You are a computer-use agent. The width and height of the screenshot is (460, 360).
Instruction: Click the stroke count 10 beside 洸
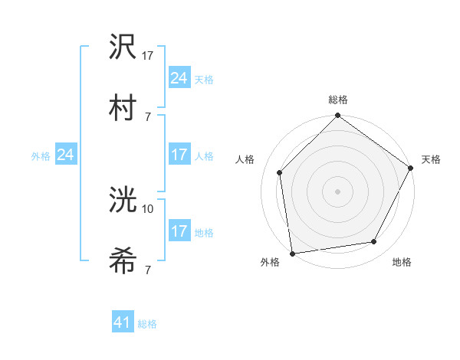coord(148,208)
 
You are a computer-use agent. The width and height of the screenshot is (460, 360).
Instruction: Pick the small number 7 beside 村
coord(147,116)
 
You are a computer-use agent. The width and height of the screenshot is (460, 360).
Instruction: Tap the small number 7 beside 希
coord(147,270)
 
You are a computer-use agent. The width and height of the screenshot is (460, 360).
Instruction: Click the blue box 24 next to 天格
coord(179,78)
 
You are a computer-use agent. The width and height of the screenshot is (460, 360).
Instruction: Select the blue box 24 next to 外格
coord(65,155)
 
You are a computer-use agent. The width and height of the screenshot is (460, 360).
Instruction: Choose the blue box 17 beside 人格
coord(179,155)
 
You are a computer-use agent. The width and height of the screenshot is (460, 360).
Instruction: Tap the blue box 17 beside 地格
coord(179,231)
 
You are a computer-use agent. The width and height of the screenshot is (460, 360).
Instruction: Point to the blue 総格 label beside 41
coord(147,324)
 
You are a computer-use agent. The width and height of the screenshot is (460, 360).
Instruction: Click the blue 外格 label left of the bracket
coord(41,155)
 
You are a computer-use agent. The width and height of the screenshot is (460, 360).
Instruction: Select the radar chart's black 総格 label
coord(338,100)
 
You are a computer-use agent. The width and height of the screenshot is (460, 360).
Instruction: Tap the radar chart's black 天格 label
coord(431,159)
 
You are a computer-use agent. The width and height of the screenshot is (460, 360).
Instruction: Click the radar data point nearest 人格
coord(280,172)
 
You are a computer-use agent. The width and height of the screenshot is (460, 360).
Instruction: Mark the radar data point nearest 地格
coord(374,241)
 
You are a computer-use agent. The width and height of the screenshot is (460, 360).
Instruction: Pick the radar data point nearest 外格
coord(292,253)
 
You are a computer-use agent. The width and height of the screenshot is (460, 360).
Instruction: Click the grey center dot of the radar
coord(337,191)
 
